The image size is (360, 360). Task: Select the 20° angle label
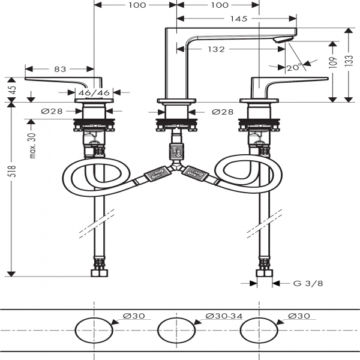(293, 68)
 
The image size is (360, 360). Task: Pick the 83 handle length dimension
(60, 70)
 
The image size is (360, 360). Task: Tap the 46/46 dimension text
(95, 92)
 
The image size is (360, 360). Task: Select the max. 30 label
(34, 146)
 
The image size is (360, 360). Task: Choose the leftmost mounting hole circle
(94, 331)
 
